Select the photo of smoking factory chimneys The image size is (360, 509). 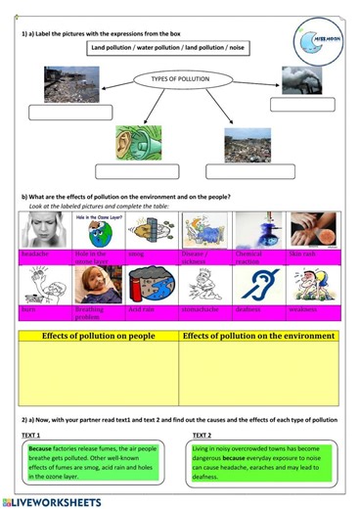click(x=301, y=79)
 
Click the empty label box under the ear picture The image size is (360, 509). click(x=136, y=171)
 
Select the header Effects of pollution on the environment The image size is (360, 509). click(x=259, y=336)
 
